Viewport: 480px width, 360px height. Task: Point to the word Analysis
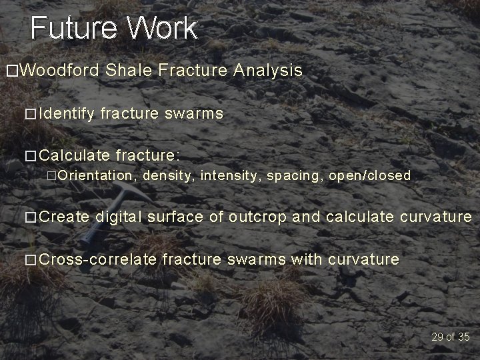[x=268, y=71]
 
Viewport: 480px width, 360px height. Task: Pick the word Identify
[x=67, y=114]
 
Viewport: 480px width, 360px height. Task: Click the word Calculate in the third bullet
[x=75, y=155]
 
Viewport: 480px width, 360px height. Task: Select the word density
[x=167, y=176]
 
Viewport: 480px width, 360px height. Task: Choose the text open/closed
[x=369, y=176]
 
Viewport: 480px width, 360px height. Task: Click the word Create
[x=64, y=217]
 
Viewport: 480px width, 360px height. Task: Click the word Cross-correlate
[x=98, y=259]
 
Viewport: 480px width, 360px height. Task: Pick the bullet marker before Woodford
[x=11, y=71]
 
